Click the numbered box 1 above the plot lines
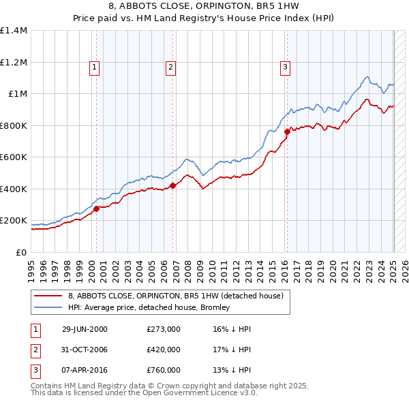click(93, 67)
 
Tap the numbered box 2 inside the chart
click(170, 67)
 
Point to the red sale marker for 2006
click(173, 185)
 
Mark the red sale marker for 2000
click(96, 208)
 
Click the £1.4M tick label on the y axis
click(14, 31)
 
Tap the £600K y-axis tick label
click(14, 157)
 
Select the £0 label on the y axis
click(21, 252)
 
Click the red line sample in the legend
click(48, 296)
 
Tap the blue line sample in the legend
click(48, 307)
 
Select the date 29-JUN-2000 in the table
click(85, 329)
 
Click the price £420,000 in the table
click(164, 350)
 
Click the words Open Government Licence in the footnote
click(194, 393)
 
